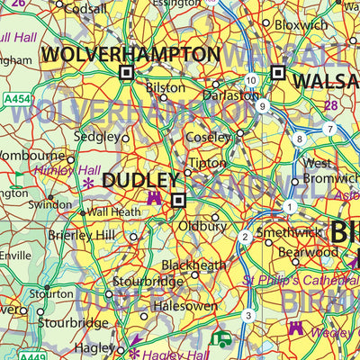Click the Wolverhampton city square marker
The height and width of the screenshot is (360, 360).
[x=126, y=73]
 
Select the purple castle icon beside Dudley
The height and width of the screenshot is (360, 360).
[x=155, y=198]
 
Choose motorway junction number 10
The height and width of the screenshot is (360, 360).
[x=250, y=81]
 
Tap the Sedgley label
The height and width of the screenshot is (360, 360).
[x=97, y=137]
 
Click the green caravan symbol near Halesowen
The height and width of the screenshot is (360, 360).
[x=221, y=339]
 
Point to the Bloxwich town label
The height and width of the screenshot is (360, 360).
[x=301, y=25]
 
